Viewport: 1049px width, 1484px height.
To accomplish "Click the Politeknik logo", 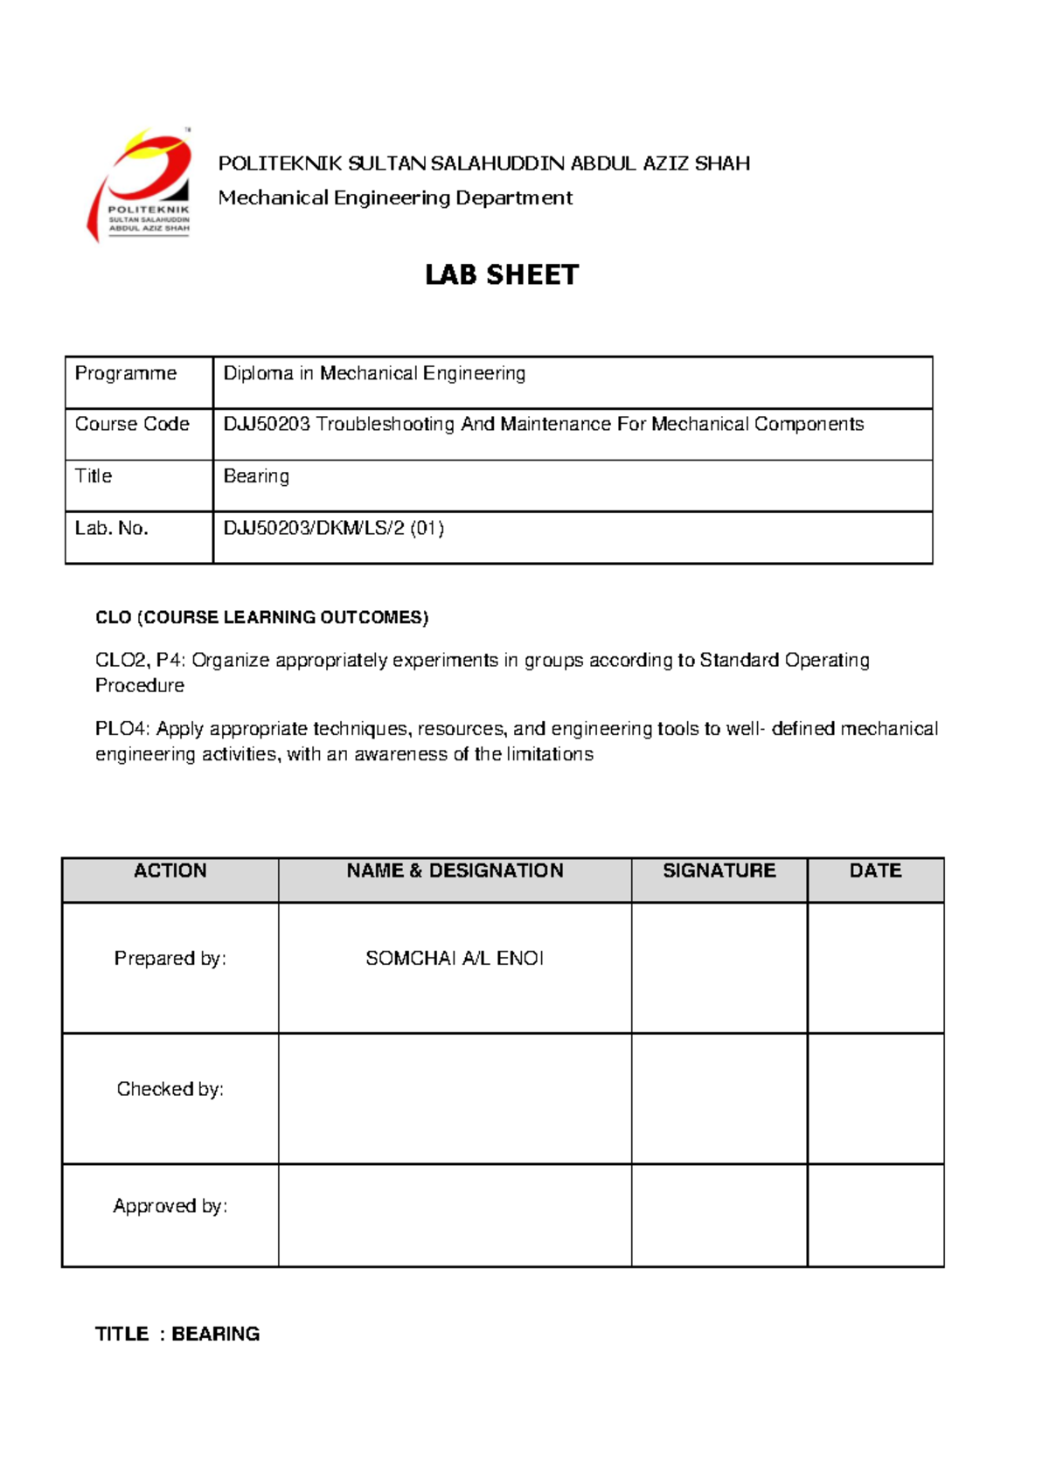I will coord(140,185).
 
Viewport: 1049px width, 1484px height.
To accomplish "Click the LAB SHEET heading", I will coord(501,275).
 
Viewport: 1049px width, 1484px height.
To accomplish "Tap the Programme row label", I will coord(126,374).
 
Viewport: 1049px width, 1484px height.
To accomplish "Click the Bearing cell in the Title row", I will coord(256,476).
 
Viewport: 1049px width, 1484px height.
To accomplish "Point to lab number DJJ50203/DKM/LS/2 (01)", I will coord(334,529).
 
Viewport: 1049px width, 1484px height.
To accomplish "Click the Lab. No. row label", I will coord(112,529).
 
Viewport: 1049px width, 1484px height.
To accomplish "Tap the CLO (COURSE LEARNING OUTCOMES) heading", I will coord(261,618).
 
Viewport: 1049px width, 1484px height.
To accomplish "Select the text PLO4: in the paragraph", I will coord(122,730).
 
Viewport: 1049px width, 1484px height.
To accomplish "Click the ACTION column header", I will coord(170,871).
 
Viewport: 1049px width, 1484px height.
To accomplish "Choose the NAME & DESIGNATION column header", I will coord(455,871).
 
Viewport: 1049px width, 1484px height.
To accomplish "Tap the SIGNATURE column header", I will coord(719,871).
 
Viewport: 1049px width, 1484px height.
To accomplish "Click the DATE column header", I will coord(875,871).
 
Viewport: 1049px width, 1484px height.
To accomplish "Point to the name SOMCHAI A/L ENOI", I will coord(455,959).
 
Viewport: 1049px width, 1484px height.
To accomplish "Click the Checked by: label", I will coord(170,1090).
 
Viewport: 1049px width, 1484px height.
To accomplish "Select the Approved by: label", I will coord(170,1207).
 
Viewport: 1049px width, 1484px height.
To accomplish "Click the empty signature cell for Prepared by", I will coord(719,967).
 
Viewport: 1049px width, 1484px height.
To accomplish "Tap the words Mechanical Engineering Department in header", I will coord(395,198).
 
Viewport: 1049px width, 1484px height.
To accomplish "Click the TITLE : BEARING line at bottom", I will coord(177,1335).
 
